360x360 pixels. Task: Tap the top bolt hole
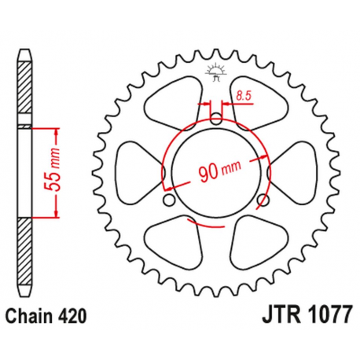216,119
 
